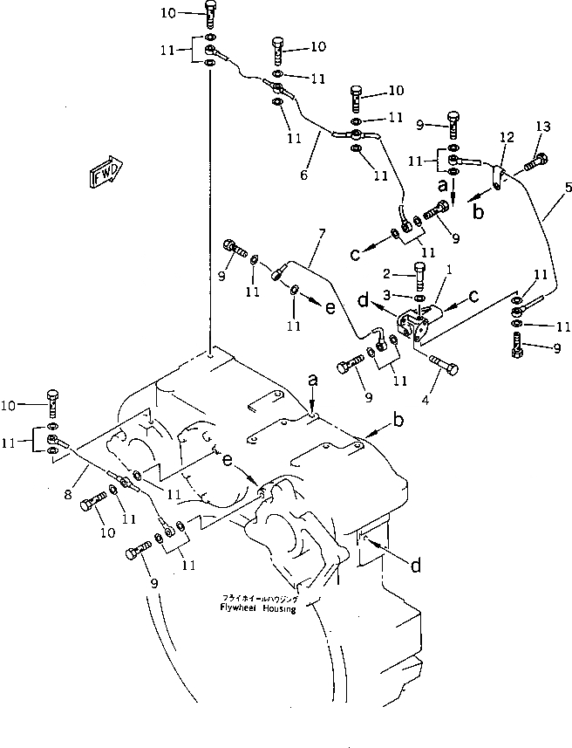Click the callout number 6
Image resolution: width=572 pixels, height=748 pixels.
[304, 175]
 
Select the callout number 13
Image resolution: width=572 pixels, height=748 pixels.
[543, 127]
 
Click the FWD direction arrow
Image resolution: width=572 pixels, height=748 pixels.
[106, 172]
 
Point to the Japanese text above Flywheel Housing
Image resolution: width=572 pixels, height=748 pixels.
[259, 600]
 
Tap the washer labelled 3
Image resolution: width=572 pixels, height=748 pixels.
[420, 299]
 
